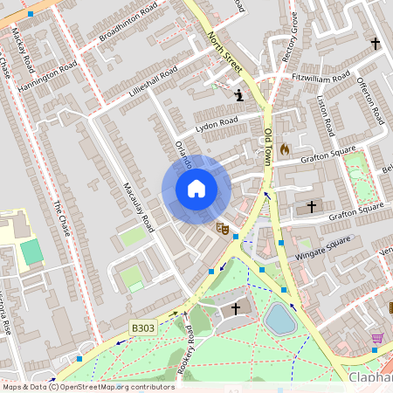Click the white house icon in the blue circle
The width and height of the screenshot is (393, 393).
pos(196,189)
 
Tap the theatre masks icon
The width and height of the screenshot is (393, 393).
pos(223,229)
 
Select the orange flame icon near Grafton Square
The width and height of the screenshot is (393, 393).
pos(284,149)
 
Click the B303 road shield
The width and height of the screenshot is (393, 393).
pos(142,327)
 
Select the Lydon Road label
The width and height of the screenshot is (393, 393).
pos(217,125)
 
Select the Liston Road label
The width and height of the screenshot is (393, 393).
pos(326,114)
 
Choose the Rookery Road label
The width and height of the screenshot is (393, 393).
pos(185,351)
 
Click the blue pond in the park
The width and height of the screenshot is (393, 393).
pos(280,319)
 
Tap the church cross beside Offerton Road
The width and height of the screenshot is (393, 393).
pos(376,43)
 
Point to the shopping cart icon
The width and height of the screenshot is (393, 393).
pos(377,338)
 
